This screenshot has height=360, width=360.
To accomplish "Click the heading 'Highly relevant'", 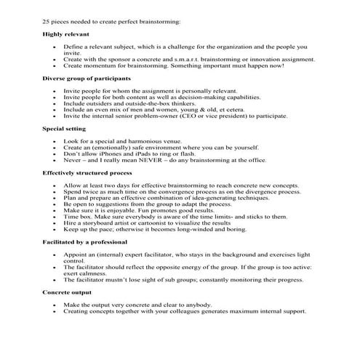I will (63, 34).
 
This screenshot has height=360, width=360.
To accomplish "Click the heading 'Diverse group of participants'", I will (87, 78).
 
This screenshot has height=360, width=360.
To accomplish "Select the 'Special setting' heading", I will (65, 128).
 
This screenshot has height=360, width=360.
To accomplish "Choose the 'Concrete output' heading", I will (68, 292).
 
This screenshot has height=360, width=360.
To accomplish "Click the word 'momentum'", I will (97, 65).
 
